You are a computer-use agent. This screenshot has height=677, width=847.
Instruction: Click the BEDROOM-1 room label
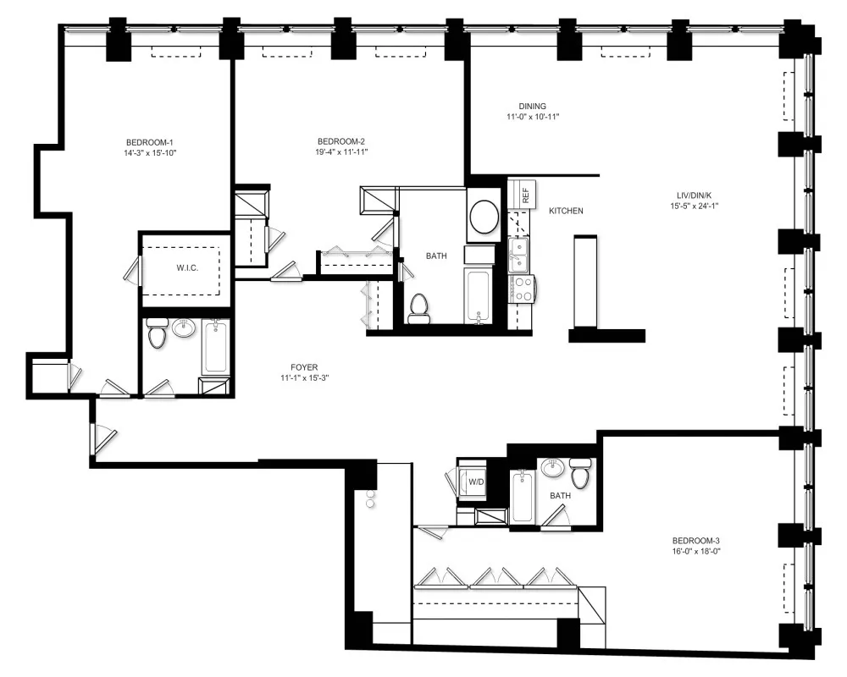click(x=149, y=141)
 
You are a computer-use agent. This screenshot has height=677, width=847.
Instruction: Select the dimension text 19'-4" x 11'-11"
click(x=340, y=152)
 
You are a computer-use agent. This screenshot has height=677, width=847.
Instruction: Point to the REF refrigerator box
click(x=525, y=194)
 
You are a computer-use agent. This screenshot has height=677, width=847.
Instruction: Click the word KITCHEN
click(x=565, y=211)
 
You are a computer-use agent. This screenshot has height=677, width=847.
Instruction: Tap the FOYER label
click(x=303, y=367)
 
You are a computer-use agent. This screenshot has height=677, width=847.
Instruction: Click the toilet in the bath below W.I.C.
click(x=157, y=335)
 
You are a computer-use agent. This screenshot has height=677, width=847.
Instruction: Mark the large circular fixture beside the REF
click(x=484, y=216)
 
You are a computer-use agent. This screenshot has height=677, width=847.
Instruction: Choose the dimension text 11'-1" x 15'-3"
click(x=303, y=378)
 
